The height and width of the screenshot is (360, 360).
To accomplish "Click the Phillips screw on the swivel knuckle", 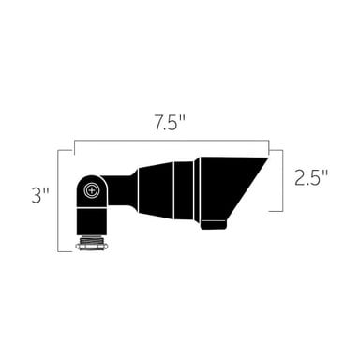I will [91, 190].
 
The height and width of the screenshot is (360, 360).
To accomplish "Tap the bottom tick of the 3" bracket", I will [66, 250].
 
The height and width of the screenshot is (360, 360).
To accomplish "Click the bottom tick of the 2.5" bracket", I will [276, 212].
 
